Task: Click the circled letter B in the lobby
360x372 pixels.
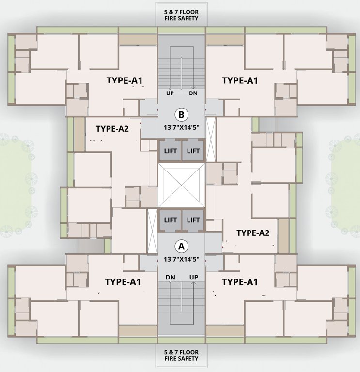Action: pyautogui.click(x=181, y=115)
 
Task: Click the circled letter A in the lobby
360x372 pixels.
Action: pyautogui.click(x=182, y=247)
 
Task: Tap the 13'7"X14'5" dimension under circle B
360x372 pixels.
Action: pyautogui.click(x=182, y=128)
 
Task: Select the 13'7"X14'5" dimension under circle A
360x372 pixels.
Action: pyautogui.click(x=182, y=259)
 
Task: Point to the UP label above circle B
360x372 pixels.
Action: pyautogui.click(x=170, y=93)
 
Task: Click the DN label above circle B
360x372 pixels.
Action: pyautogui.click(x=193, y=93)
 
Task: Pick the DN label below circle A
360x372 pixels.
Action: pyautogui.click(x=170, y=277)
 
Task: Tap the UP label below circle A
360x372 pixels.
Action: pyautogui.click(x=193, y=277)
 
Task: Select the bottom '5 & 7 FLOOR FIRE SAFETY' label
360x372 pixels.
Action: pyautogui.click(x=182, y=355)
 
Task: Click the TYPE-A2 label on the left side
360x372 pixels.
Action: pyautogui.click(x=112, y=129)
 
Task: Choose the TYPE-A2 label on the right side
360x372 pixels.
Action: pyautogui.click(x=252, y=233)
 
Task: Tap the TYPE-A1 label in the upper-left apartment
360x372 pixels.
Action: pyautogui.click(x=124, y=81)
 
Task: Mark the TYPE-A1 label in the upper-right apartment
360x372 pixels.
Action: pyautogui.click(x=239, y=81)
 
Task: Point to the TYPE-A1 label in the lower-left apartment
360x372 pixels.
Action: pyautogui.click(x=123, y=281)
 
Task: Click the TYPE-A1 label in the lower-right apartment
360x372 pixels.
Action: pyautogui.click(x=239, y=281)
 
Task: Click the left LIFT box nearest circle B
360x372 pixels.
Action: pyautogui.click(x=170, y=151)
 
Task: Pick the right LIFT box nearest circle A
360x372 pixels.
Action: pyautogui.click(x=193, y=220)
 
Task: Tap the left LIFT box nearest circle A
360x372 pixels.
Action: pyautogui.click(x=170, y=220)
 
